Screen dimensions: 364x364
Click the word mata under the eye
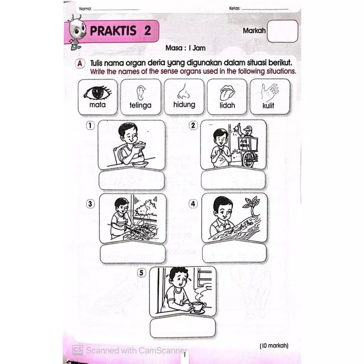97,105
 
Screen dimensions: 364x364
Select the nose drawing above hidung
183,91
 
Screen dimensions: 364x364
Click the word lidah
227,105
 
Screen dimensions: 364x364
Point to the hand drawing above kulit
269,92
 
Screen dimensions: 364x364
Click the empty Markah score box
283,31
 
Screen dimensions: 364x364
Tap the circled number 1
90,126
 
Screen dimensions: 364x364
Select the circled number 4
193,204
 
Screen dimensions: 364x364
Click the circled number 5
141,273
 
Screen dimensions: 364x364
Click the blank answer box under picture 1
132,180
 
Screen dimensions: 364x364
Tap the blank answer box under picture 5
182,327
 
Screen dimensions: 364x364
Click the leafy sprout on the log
252,205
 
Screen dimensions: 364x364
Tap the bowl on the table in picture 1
140,164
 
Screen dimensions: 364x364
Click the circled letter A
80,63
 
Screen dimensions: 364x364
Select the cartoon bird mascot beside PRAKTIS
77,32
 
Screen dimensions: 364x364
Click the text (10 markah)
274,346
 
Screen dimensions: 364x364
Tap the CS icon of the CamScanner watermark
77,350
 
